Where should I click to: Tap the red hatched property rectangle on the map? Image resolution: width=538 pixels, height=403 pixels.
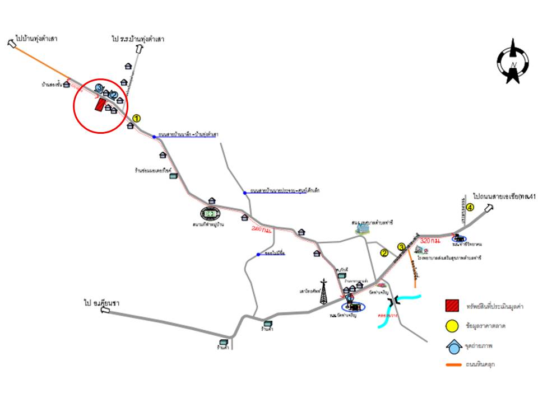tap(100, 105)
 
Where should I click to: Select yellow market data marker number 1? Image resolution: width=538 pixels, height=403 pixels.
tap(136, 119)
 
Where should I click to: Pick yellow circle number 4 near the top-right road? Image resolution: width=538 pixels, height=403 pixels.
tap(470, 207)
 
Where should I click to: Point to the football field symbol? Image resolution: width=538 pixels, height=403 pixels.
tap(211, 213)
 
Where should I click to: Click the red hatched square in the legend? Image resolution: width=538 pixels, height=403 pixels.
tap(452, 306)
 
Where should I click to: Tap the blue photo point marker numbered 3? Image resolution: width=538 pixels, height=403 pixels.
tap(100, 88)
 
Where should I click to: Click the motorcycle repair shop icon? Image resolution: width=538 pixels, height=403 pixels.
tap(174, 176)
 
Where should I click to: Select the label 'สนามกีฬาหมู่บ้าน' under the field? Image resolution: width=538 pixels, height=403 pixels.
tap(211, 225)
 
